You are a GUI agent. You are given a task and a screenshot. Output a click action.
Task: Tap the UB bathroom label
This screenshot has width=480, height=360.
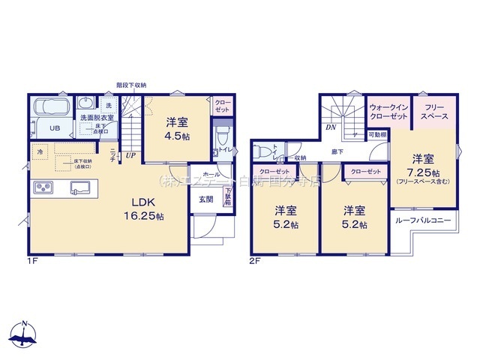(x=55, y=128)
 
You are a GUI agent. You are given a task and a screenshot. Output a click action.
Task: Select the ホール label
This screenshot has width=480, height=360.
(x=211, y=174)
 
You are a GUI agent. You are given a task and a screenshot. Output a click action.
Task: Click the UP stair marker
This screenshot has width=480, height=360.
(x=131, y=157)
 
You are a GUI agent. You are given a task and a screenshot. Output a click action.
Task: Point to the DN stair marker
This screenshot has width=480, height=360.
(x=331, y=127)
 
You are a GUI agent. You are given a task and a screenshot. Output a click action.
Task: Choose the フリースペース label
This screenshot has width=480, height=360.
(x=433, y=112)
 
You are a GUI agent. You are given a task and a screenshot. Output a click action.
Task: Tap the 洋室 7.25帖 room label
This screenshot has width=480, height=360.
(x=423, y=167)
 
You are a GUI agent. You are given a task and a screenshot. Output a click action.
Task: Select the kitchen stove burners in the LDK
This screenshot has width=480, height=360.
(x=42, y=187)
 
